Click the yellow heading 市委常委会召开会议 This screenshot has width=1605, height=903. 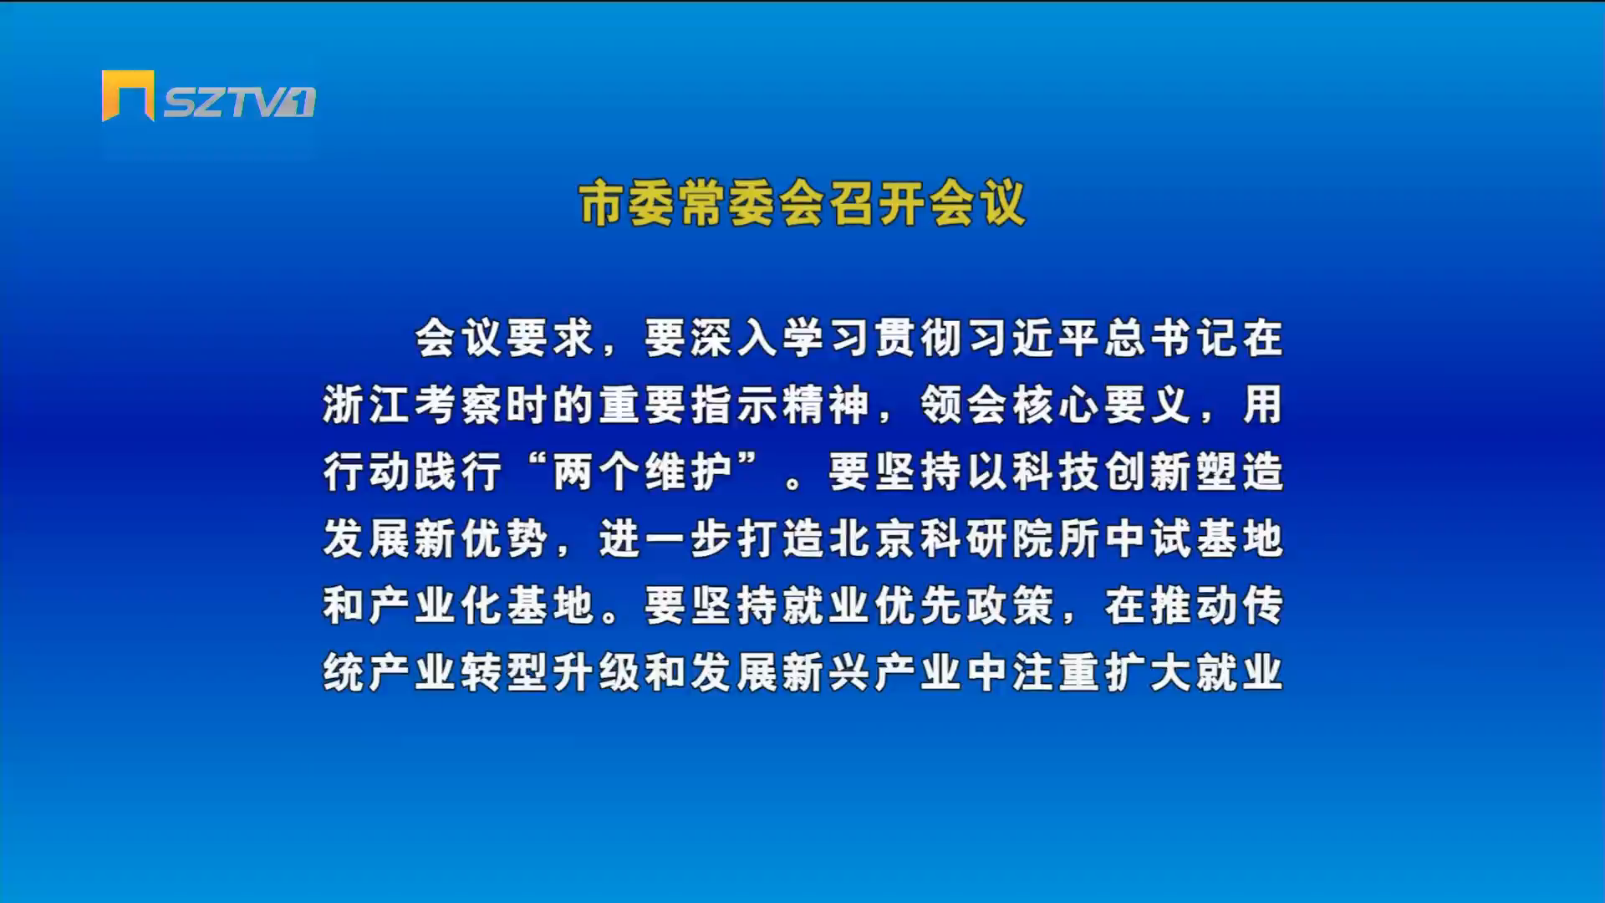pyautogui.click(x=802, y=203)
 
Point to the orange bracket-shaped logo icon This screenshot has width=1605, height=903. pyautogui.click(x=128, y=95)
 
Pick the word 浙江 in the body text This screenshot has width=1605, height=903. pyautogui.click(x=366, y=406)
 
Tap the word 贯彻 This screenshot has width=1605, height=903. pyautogui.click(x=916, y=339)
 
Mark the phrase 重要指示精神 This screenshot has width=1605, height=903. pyautogui.click(x=734, y=406)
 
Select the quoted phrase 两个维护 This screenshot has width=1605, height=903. pyautogui.click(x=642, y=472)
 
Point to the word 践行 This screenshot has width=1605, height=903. pyautogui.click(x=458, y=472)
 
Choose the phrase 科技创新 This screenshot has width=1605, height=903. pyautogui.click(x=1100, y=472)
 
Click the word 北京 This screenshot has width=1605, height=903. pyautogui.click(x=870, y=539)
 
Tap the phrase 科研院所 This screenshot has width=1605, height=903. pyautogui.click(x=1008, y=539)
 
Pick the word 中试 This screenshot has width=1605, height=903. pyautogui.click(x=1146, y=539)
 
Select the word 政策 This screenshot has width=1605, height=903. pyautogui.click(x=1008, y=606)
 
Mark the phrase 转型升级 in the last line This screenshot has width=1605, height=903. pyautogui.click(x=550, y=673)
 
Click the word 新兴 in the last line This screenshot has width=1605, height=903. pyautogui.click(x=826, y=673)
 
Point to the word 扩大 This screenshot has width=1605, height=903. pyautogui.click(x=1146, y=673)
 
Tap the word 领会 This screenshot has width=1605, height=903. pyautogui.click(x=962, y=406)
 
